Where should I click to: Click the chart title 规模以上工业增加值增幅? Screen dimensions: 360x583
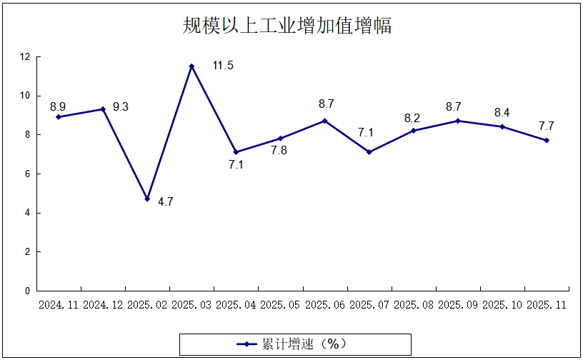click(x=286, y=26)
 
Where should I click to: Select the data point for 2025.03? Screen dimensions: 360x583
click(x=191, y=66)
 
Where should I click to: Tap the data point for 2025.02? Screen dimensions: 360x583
click(x=147, y=199)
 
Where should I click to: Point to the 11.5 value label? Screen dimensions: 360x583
click(x=223, y=66)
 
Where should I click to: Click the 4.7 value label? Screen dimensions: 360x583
click(x=165, y=202)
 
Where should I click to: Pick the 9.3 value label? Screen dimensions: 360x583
click(x=121, y=107)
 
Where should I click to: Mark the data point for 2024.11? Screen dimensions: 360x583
click(x=59, y=116)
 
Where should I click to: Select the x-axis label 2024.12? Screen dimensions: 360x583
click(x=104, y=305)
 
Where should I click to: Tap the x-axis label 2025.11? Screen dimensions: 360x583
click(x=547, y=305)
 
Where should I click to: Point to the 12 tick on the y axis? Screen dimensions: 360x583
click(x=25, y=56)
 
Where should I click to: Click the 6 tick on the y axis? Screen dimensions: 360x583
click(x=27, y=174)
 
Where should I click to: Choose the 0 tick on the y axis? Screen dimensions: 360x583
click(x=27, y=291)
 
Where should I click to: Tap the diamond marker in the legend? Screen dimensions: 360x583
click(x=247, y=344)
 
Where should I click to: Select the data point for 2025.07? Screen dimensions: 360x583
click(x=369, y=152)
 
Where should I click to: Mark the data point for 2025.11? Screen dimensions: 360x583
click(x=547, y=140)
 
